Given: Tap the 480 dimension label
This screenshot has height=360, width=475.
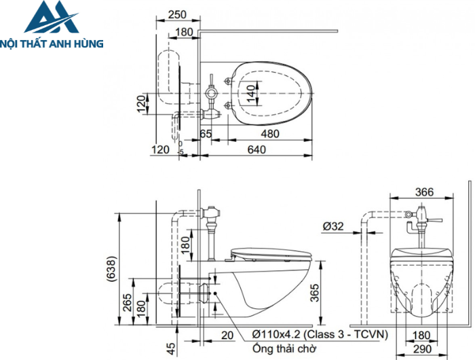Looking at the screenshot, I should [269, 134].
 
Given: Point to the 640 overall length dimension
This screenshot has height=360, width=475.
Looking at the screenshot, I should [256, 149].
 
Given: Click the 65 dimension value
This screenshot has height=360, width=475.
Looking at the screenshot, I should [206, 134].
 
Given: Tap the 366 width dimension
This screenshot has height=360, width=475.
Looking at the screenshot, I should [423, 192].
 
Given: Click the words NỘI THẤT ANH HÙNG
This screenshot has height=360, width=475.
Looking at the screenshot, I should [52, 43].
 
